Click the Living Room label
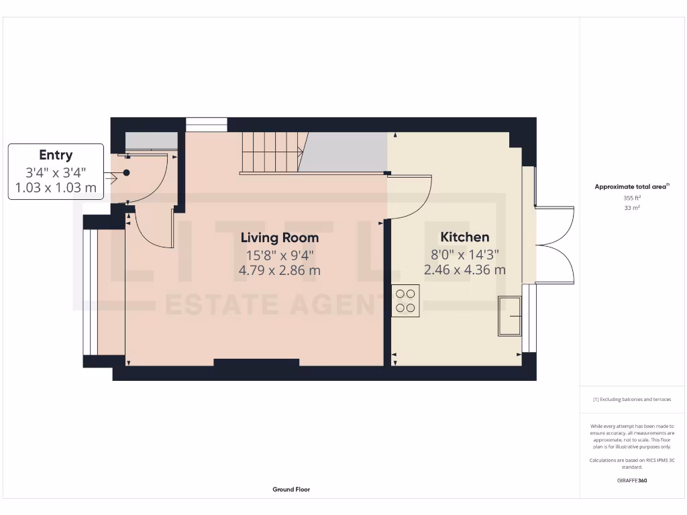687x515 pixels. pyautogui.click(x=280, y=237)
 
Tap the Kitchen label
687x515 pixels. pyautogui.click(x=464, y=237)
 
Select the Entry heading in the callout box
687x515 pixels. pyautogui.click(x=56, y=156)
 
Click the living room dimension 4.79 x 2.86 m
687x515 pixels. pyautogui.click(x=280, y=270)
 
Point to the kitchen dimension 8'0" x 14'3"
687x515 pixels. pyautogui.click(x=464, y=254)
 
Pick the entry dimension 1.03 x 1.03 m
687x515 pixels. pyautogui.click(x=56, y=187)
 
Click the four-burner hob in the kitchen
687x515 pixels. pyautogui.click(x=405, y=300)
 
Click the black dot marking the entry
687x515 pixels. pyautogui.click(x=126, y=172)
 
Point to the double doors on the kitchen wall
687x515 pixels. pyautogui.click(x=556, y=245)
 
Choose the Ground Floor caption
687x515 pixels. pyautogui.click(x=291, y=490)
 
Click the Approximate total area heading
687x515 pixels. pyautogui.click(x=632, y=187)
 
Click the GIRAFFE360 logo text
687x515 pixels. pyautogui.click(x=632, y=480)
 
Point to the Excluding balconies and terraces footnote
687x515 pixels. pyautogui.click(x=632, y=399)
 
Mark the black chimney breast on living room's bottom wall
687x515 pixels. pyautogui.click(x=256, y=363)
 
